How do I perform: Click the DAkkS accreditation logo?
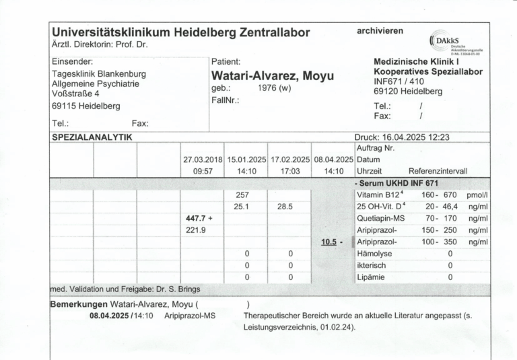click(x=458, y=42)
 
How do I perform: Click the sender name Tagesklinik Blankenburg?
click(x=98, y=73)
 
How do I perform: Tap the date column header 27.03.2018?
click(x=203, y=159)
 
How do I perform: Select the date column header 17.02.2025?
click(x=289, y=159)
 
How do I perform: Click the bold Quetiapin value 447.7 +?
click(x=199, y=219)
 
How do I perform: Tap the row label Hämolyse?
click(x=374, y=254)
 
